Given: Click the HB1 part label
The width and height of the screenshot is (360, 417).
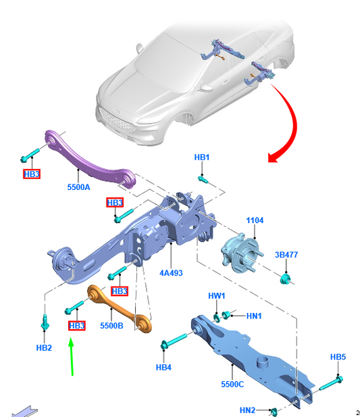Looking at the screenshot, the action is [202, 157].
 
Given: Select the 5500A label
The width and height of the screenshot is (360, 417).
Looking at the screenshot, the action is [78, 187].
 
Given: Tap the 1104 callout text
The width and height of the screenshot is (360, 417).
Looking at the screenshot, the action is [255, 220].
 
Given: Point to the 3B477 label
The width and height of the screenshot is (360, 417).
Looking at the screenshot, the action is [286, 255].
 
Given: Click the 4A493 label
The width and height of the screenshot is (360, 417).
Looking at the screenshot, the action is [171, 273].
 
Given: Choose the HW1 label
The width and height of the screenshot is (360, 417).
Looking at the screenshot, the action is [217, 296].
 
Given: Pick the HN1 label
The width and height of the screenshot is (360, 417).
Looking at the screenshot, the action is [254, 316].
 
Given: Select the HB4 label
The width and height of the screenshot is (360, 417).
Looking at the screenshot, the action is [163, 367].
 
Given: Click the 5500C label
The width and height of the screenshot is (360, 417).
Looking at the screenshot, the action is [232, 384].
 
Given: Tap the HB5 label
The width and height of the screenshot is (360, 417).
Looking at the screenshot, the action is [338, 357].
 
